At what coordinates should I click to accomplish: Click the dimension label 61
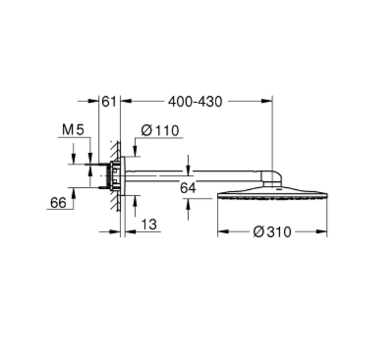coord(109,101)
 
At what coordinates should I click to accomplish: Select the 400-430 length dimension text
coord(195,101)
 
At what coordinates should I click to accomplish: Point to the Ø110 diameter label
coord(160,131)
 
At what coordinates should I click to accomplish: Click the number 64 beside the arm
coord(188,188)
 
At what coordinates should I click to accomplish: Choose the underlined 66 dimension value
coord(58,203)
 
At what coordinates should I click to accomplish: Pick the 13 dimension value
coord(149,225)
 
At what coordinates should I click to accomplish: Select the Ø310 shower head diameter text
coord(272,232)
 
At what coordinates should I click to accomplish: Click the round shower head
coord(272,196)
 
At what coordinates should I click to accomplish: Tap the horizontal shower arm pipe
coord(197,174)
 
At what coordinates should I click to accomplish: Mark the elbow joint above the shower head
coord(272,177)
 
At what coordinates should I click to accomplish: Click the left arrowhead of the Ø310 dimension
coord(221,232)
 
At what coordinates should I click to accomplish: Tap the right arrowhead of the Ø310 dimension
coord(323,232)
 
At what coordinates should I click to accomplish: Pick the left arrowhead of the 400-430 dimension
coord(126,101)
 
